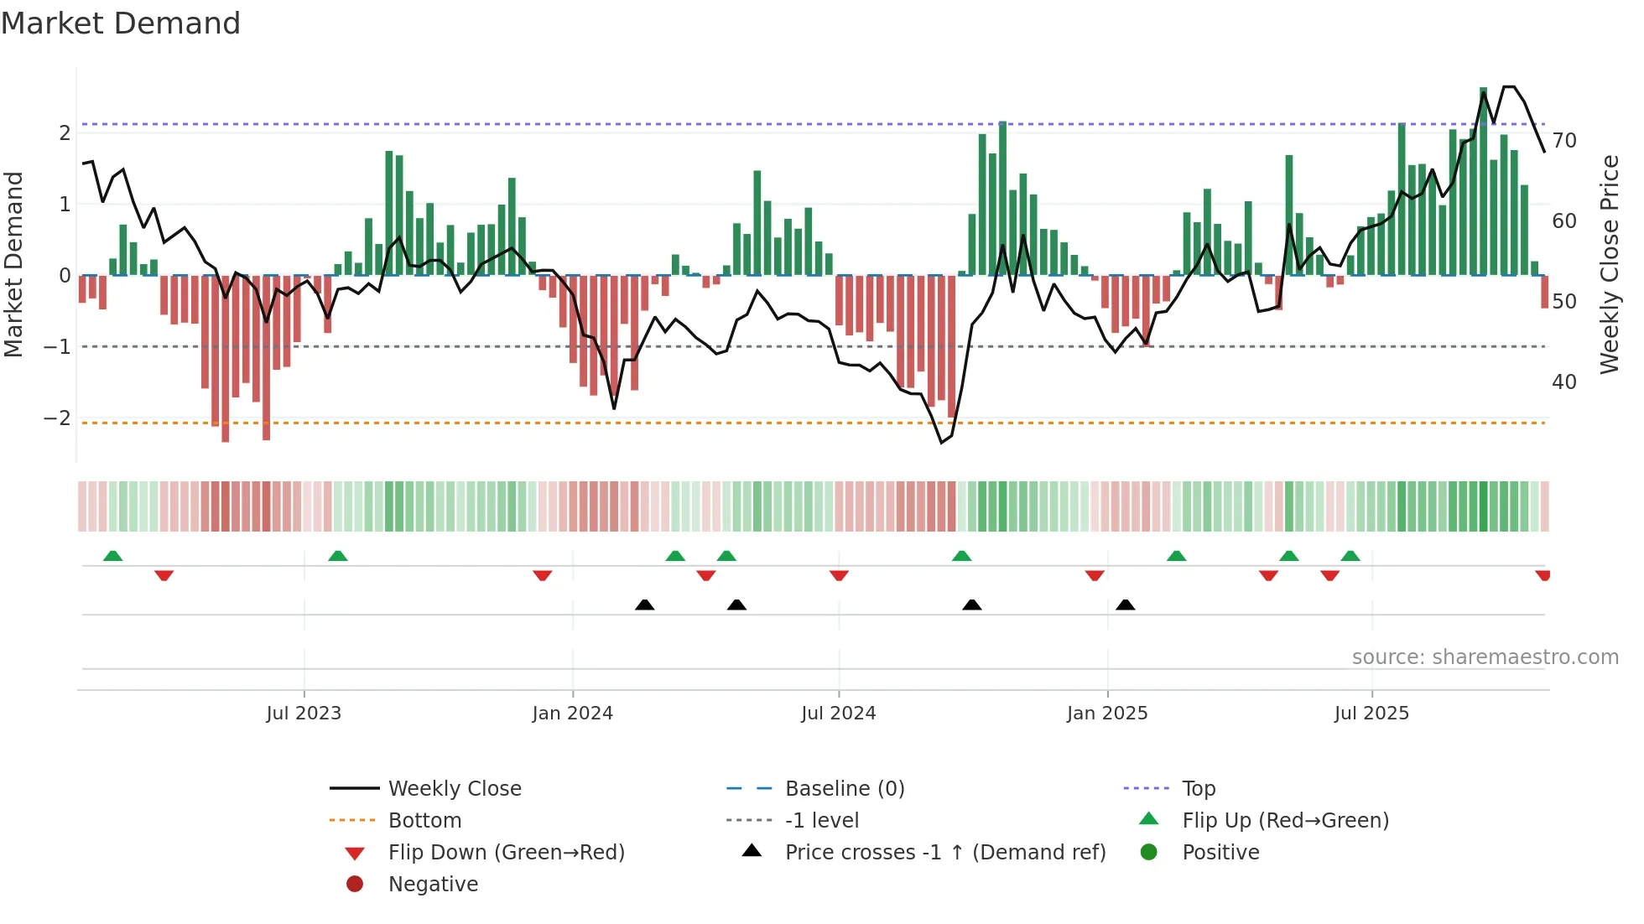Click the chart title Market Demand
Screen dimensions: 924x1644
coord(121,23)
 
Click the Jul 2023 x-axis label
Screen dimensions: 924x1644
coord(304,714)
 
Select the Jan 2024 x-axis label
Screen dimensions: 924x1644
coord(573,714)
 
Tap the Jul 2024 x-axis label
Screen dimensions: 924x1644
coord(839,714)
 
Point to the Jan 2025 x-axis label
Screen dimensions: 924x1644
coord(1107,714)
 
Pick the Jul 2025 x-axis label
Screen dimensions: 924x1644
coord(1372,714)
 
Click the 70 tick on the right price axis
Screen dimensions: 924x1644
coord(1564,141)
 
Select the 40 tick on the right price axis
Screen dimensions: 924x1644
coord(1564,382)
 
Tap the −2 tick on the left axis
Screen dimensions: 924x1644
coord(58,418)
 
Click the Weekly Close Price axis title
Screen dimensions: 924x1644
coord(1610,264)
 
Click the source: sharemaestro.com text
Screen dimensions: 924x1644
coord(1485,657)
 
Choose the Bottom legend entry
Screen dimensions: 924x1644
coord(424,821)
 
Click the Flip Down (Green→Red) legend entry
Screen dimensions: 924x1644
coord(506,853)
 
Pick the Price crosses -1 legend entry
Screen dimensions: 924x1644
coord(945,853)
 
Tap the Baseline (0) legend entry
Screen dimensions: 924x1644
coord(845,789)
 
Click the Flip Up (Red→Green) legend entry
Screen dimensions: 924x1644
coord(1285,821)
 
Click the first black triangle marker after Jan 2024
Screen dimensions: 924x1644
coord(644,605)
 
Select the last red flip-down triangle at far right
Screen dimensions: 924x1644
coord(1543,575)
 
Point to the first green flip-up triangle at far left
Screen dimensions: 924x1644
coord(112,556)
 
